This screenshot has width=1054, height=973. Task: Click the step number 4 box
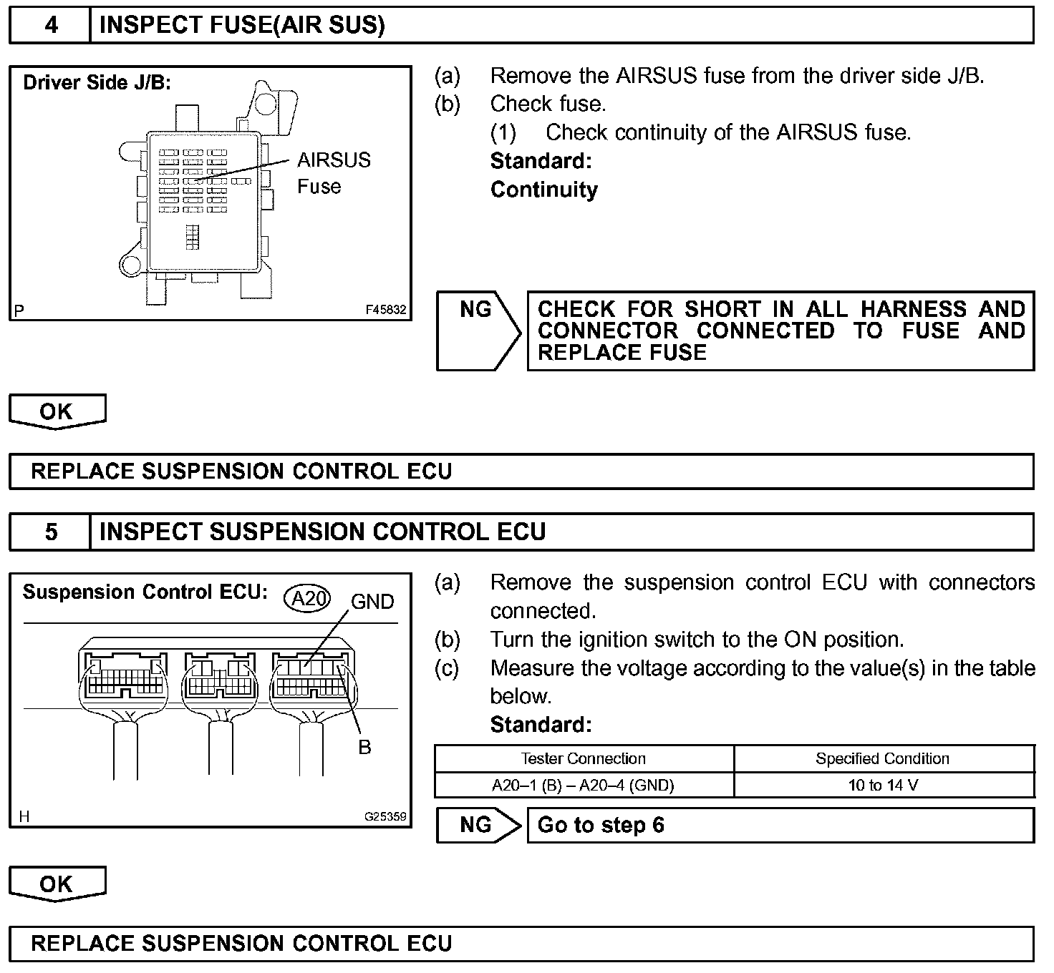(x=50, y=26)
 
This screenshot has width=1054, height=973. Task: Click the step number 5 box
(x=50, y=532)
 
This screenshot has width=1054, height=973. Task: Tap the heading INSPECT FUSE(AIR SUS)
(x=242, y=26)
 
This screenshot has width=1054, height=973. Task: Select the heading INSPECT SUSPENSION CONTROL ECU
(x=322, y=532)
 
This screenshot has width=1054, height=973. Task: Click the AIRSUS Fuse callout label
(x=334, y=173)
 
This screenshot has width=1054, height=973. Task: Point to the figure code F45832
(x=385, y=311)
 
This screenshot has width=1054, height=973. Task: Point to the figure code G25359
(x=385, y=816)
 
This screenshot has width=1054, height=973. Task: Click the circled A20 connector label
(x=308, y=598)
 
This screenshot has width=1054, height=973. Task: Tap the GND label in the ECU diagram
(x=372, y=602)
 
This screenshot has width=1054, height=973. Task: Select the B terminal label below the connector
(x=364, y=748)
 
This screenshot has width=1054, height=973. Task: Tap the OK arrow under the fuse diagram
(x=57, y=411)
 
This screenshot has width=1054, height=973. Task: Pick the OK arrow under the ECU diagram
(x=57, y=884)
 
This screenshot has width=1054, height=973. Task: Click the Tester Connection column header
(x=584, y=758)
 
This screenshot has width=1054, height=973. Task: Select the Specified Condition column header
(x=883, y=758)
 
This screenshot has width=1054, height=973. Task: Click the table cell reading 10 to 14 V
(x=883, y=786)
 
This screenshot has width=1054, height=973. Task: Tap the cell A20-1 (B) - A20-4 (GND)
(x=584, y=786)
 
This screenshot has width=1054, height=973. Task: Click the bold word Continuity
(x=544, y=190)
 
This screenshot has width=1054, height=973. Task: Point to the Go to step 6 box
(x=780, y=826)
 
